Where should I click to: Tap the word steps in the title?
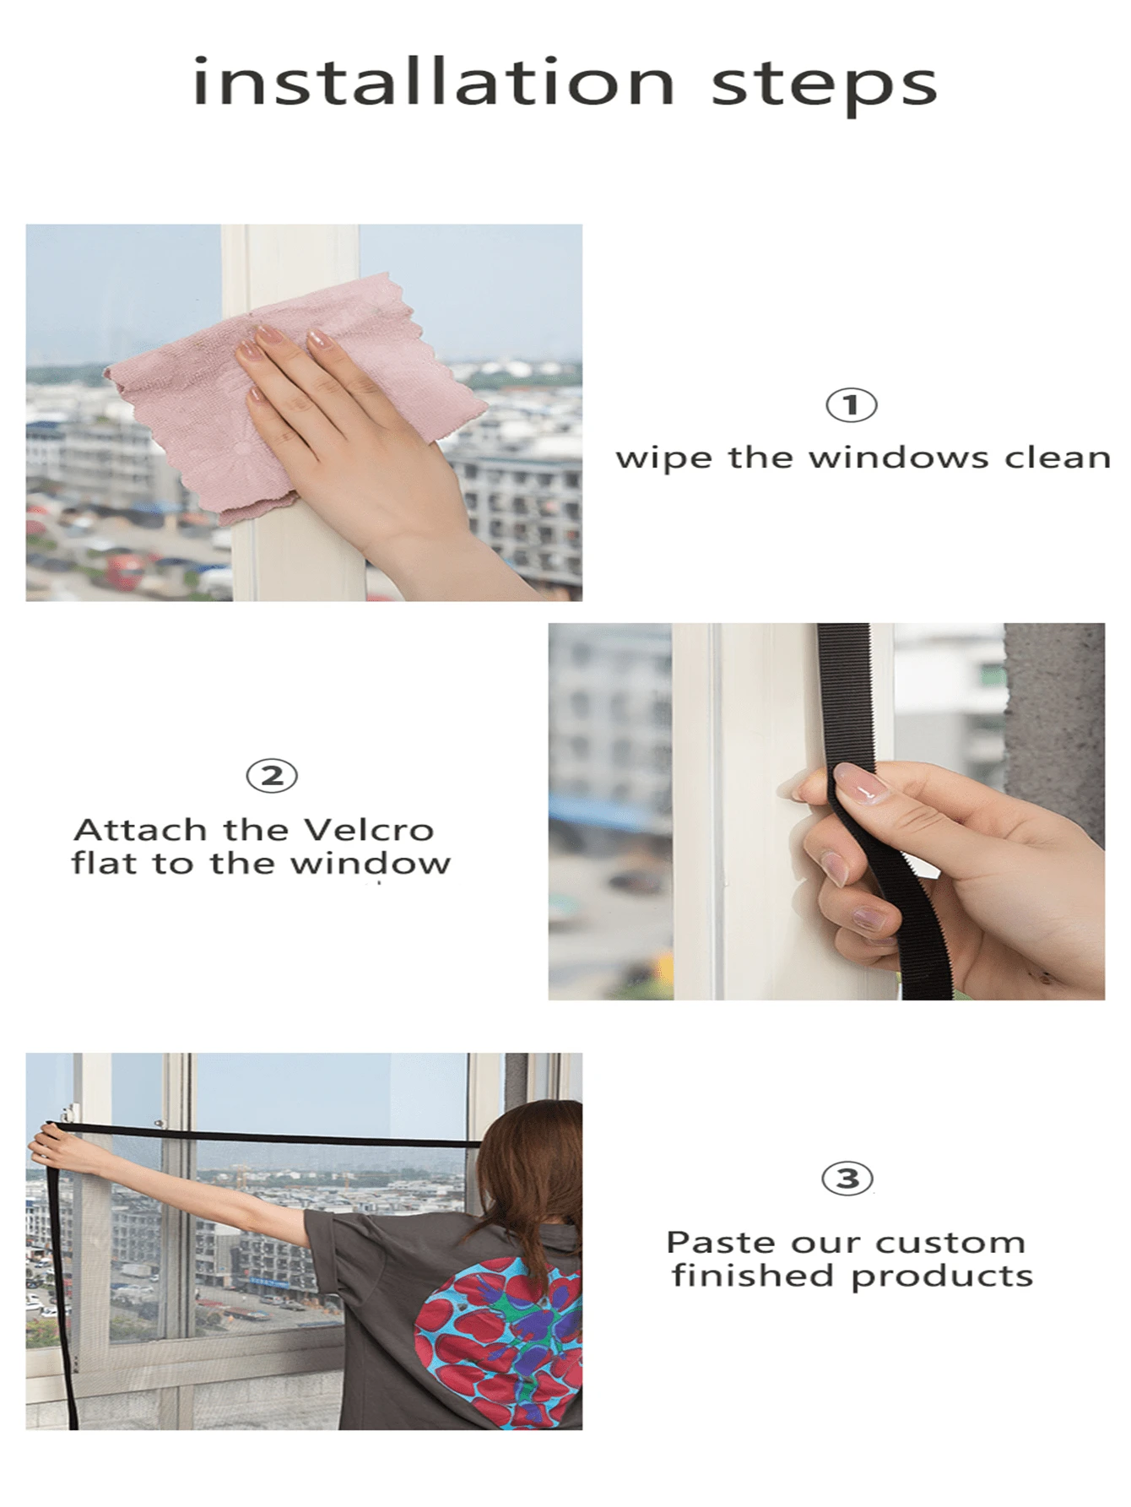tap(825, 86)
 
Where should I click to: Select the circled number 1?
tap(851, 405)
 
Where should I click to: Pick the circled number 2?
tap(272, 776)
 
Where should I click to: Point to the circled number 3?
tap(847, 1179)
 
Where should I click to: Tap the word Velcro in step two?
tap(368, 831)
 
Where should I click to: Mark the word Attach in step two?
tap(140, 831)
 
